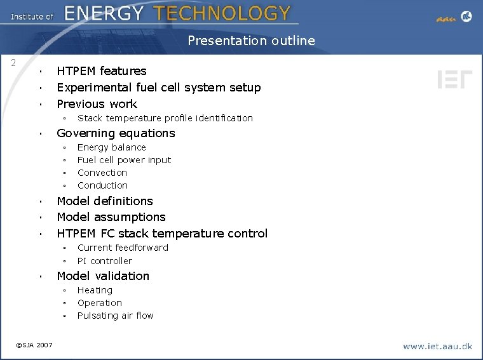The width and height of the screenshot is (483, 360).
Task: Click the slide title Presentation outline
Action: tap(251, 41)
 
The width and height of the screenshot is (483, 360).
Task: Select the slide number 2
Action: tap(13, 63)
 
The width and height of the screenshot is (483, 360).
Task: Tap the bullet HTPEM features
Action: tap(102, 71)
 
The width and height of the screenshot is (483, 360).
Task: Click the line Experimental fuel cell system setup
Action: tap(158, 88)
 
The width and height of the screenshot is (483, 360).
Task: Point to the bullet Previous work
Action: tap(97, 104)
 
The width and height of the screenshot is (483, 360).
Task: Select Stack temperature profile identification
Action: tap(165, 118)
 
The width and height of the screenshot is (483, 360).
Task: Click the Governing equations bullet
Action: tap(116, 133)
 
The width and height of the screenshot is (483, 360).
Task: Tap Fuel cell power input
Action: tap(124, 160)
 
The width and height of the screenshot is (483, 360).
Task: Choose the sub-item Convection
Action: tap(102, 173)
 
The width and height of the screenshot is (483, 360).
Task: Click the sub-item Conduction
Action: tap(102, 185)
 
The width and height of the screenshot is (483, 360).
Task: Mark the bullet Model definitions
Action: tap(105, 201)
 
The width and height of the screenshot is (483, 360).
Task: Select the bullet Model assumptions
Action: tap(111, 217)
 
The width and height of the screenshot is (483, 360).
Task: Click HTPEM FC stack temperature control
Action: tap(162, 234)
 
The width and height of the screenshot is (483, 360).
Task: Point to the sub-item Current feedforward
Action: tap(123, 248)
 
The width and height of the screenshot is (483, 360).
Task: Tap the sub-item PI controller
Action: tap(104, 261)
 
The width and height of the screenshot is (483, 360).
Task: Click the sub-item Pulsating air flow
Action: tap(115, 316)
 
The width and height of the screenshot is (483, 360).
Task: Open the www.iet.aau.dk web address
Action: tap(437, 346)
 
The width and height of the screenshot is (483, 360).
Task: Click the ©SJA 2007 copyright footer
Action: tap(34, 345)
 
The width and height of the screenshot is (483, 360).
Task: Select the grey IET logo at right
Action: tap(454, 79)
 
